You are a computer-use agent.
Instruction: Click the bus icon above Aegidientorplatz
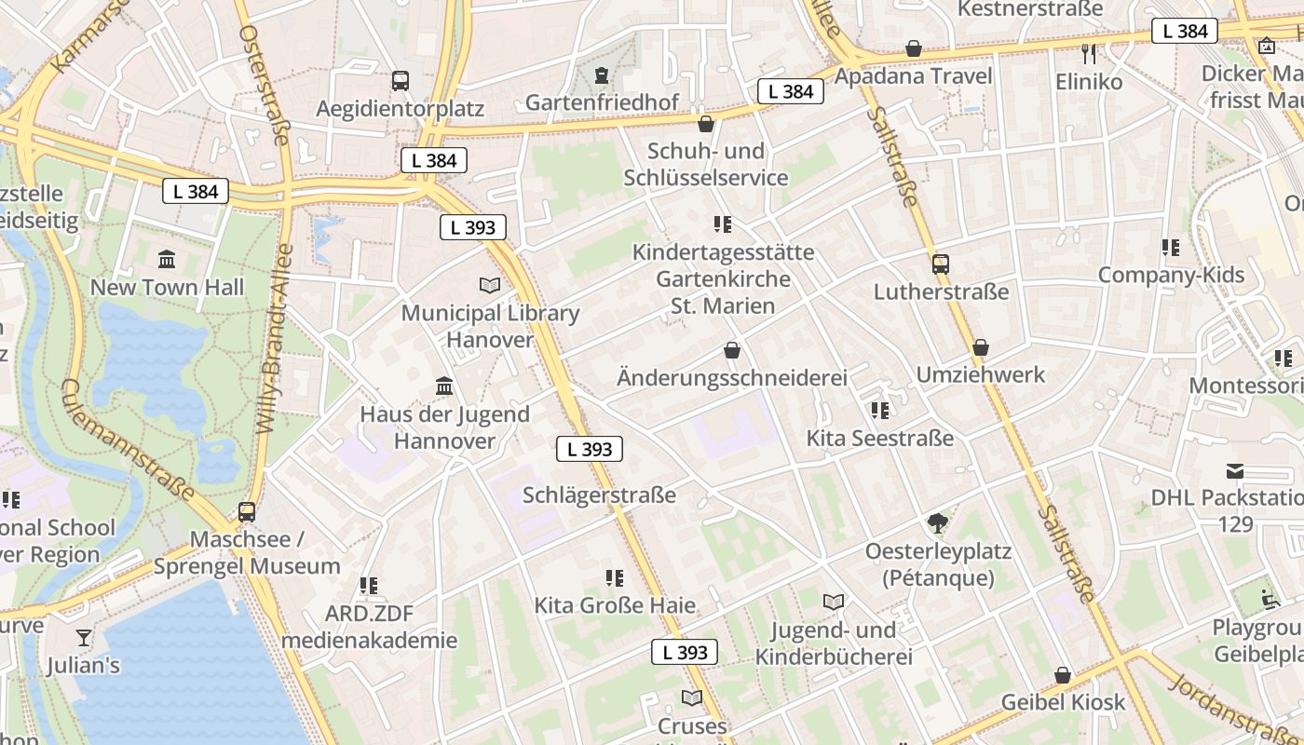tap(401, 81)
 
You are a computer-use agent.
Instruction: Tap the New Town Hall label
tap(167, 287)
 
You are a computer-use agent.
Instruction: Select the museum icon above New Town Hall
tap(167, 258)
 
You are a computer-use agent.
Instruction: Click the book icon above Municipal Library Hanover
tap(490, 285)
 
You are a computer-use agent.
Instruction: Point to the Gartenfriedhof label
tap(602, 102)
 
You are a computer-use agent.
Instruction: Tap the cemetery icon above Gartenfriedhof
tap(602, 74)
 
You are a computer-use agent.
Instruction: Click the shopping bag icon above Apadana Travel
tap(914, 48)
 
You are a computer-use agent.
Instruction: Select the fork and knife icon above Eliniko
tap(1089, 54)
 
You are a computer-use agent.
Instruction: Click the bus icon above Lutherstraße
tap(941, 264)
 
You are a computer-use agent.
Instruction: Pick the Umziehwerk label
tap(981, 374)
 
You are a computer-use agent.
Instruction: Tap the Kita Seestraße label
tap(880, 438)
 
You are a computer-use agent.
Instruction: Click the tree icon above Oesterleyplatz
tap(938, 523)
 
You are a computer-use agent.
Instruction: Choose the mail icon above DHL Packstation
tap(1235, 470)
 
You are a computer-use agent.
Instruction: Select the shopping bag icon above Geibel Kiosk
tap(1063, 675)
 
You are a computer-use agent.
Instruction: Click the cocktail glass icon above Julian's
tap(84, 638)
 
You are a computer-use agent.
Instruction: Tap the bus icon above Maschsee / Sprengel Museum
tap(247, 511)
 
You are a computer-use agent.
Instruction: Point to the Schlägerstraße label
tap(599, 494)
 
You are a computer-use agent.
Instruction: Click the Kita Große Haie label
tap(615, 605)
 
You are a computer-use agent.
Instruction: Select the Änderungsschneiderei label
tap(732, 377)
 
